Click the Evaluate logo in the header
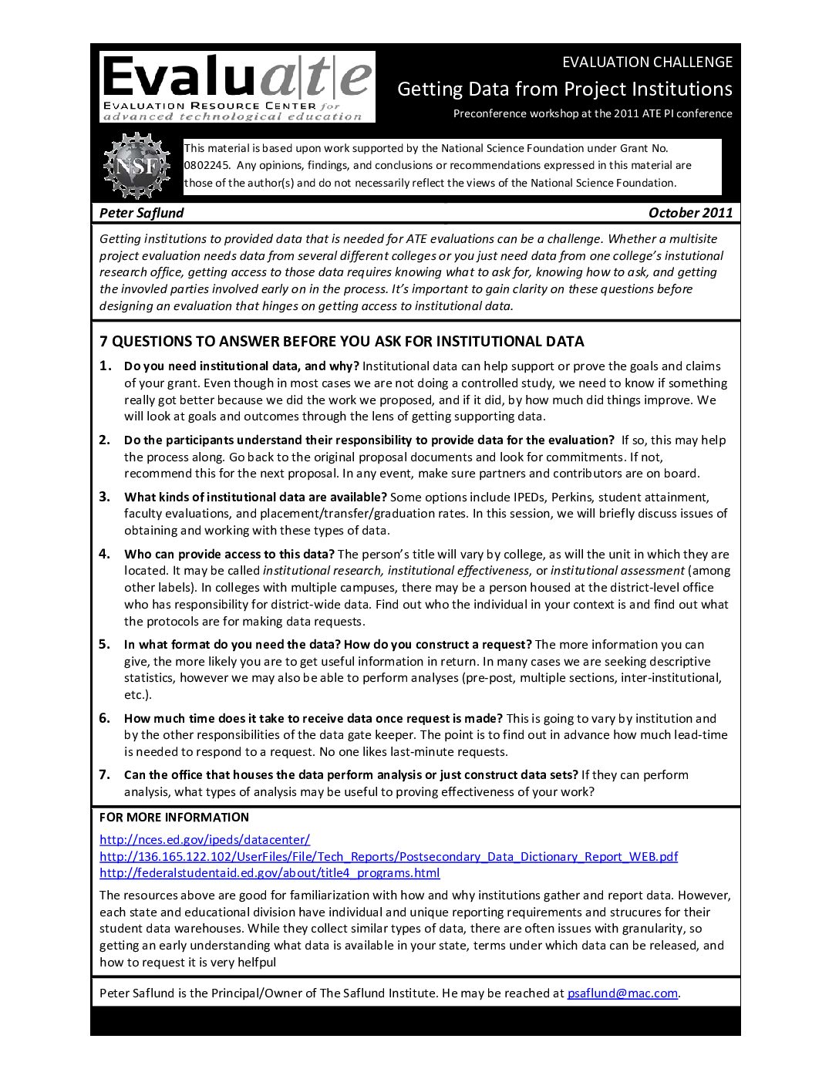click(237, 86)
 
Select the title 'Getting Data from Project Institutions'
click(564, 89)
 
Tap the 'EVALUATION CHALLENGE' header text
click(647, 62)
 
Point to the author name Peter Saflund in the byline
click(142, 213)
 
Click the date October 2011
click(690, 213)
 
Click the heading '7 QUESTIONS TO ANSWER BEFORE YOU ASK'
click(342, 342)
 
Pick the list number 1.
click(105, 366)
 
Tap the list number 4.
click(105, 554)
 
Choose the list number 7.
click(105, 774)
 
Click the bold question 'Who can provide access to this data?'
click(229, 555)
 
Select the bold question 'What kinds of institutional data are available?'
click(255, 497)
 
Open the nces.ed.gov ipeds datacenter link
click(204, 840)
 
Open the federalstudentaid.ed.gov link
click(269, 873)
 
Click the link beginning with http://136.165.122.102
click(389, 857)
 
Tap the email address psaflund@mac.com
click(622, 993)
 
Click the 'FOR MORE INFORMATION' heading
click(174, 818)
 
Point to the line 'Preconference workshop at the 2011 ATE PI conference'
click(592, 113)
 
